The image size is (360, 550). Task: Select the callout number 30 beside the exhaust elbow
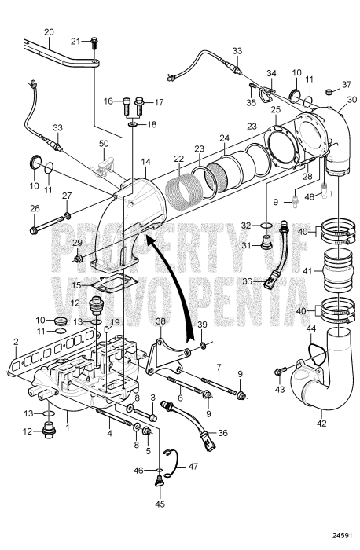point(352,99)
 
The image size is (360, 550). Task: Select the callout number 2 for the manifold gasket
point(15,342)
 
